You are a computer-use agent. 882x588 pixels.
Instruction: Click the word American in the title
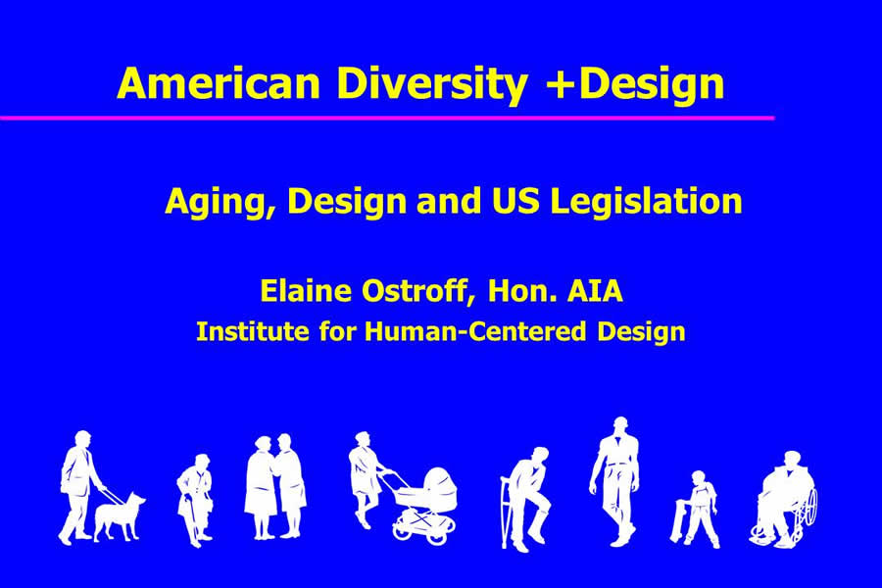tap(219, 82)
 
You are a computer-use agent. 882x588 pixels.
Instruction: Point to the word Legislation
tap(646, 200)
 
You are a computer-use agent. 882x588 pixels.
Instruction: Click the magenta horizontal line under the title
tap(387, 118)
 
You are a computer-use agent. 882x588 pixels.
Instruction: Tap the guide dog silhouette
tap(120, 516)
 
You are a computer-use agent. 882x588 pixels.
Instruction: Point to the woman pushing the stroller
tap(365, 478)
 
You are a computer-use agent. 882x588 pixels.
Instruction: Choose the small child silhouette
tap(696, 509)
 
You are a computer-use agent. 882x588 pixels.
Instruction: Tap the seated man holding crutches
tap(525, 499)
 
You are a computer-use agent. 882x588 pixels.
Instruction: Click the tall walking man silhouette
tap(616, 481)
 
